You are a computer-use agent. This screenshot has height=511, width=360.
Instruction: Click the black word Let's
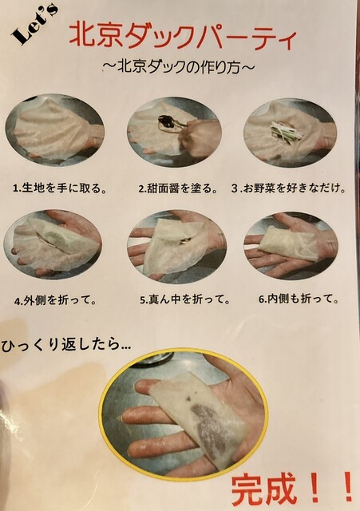pos(34,25)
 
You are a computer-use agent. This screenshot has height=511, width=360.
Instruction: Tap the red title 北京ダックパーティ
pos(183,37)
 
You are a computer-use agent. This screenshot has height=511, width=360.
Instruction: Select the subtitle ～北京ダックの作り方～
pos(178,67)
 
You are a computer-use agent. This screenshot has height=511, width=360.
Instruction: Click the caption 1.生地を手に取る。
pos(60,188)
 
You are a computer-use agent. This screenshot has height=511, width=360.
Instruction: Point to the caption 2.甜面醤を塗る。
pos(178,188)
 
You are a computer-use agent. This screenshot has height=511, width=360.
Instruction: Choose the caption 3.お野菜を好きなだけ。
pos(288,188)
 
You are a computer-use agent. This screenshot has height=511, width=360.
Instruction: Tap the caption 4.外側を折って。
pos(55,300)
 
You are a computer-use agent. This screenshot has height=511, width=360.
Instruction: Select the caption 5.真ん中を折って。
pos(184,299)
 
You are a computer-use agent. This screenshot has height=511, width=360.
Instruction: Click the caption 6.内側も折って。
pos(299,299)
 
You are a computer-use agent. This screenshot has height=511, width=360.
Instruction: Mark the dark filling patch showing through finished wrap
pos(208,424)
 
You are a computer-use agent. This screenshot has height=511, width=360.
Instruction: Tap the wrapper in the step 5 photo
pos(174,247)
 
